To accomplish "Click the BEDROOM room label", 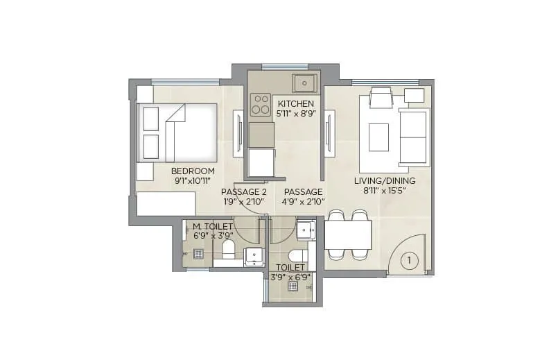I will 193,171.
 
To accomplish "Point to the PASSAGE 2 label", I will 244,191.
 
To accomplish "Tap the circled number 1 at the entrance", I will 410,261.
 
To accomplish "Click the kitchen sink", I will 304,83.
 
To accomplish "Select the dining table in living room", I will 348,234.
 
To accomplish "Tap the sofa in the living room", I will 414,137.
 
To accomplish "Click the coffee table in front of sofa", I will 378,137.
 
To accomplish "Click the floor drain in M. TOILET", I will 198,254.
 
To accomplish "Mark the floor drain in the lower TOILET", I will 293,286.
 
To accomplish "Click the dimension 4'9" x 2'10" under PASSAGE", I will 304,202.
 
